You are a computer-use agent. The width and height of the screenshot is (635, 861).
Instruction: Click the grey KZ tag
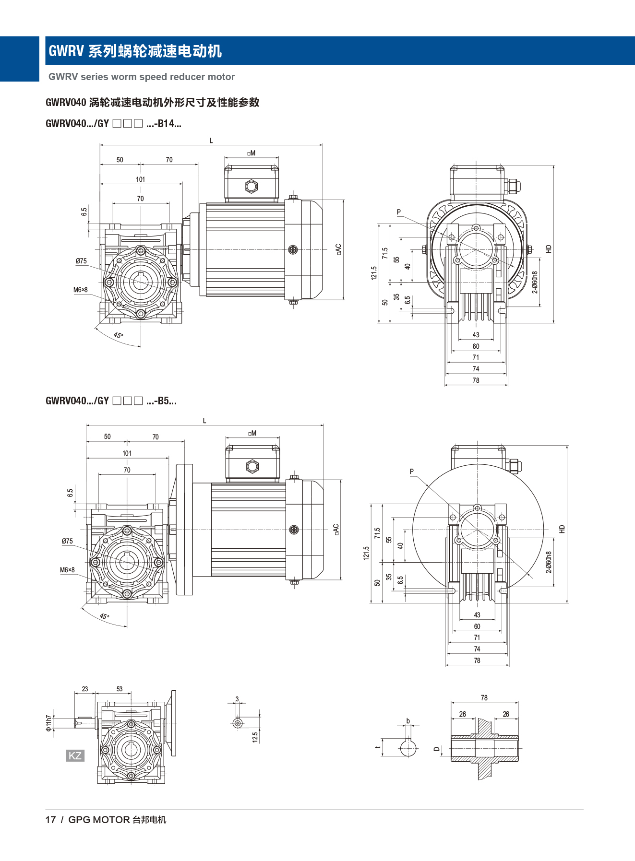75,755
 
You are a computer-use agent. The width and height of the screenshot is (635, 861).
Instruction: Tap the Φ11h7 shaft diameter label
48,723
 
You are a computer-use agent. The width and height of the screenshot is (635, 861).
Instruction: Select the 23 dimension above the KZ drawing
85,689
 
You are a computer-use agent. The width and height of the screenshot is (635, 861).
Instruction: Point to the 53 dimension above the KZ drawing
120,689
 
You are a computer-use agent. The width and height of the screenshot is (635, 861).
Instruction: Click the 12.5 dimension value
255,737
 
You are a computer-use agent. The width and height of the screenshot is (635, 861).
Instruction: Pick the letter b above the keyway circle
408,720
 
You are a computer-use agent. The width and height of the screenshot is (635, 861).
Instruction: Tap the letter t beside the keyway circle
378,747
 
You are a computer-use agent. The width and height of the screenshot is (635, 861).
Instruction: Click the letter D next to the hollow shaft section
436,749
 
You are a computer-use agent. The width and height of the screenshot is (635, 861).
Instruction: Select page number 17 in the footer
50,820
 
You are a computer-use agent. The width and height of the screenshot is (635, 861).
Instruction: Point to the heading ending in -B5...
111,401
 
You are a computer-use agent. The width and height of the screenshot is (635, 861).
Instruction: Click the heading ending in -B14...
113,124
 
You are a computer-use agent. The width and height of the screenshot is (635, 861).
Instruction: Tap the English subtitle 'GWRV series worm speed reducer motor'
142,77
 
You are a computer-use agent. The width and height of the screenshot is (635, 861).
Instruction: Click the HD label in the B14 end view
549,249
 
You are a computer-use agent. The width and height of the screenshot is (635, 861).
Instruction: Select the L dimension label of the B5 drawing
204,421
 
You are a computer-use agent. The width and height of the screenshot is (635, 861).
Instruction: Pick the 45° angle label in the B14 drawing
118,335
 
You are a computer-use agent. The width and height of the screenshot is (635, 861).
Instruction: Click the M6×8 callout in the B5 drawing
67,570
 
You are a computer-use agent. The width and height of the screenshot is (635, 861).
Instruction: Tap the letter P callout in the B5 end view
412,472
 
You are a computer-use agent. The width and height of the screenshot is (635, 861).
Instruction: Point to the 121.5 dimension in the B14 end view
374,273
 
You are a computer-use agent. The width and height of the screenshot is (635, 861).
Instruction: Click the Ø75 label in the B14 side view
81,261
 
